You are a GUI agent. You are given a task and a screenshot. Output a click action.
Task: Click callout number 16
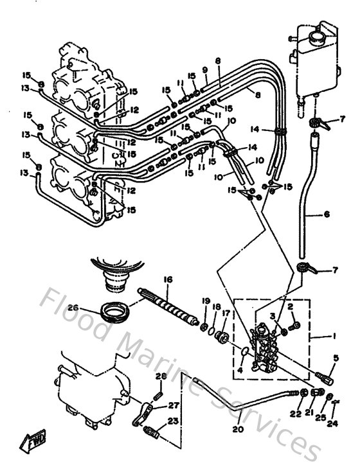point(168,279)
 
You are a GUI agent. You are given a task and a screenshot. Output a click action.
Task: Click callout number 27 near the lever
point(172,405)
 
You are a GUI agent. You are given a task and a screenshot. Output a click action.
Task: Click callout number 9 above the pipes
point(204,70)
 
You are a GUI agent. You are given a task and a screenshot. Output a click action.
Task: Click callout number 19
point(206,301)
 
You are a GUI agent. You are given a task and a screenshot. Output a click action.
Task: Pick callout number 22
point(296,413)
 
